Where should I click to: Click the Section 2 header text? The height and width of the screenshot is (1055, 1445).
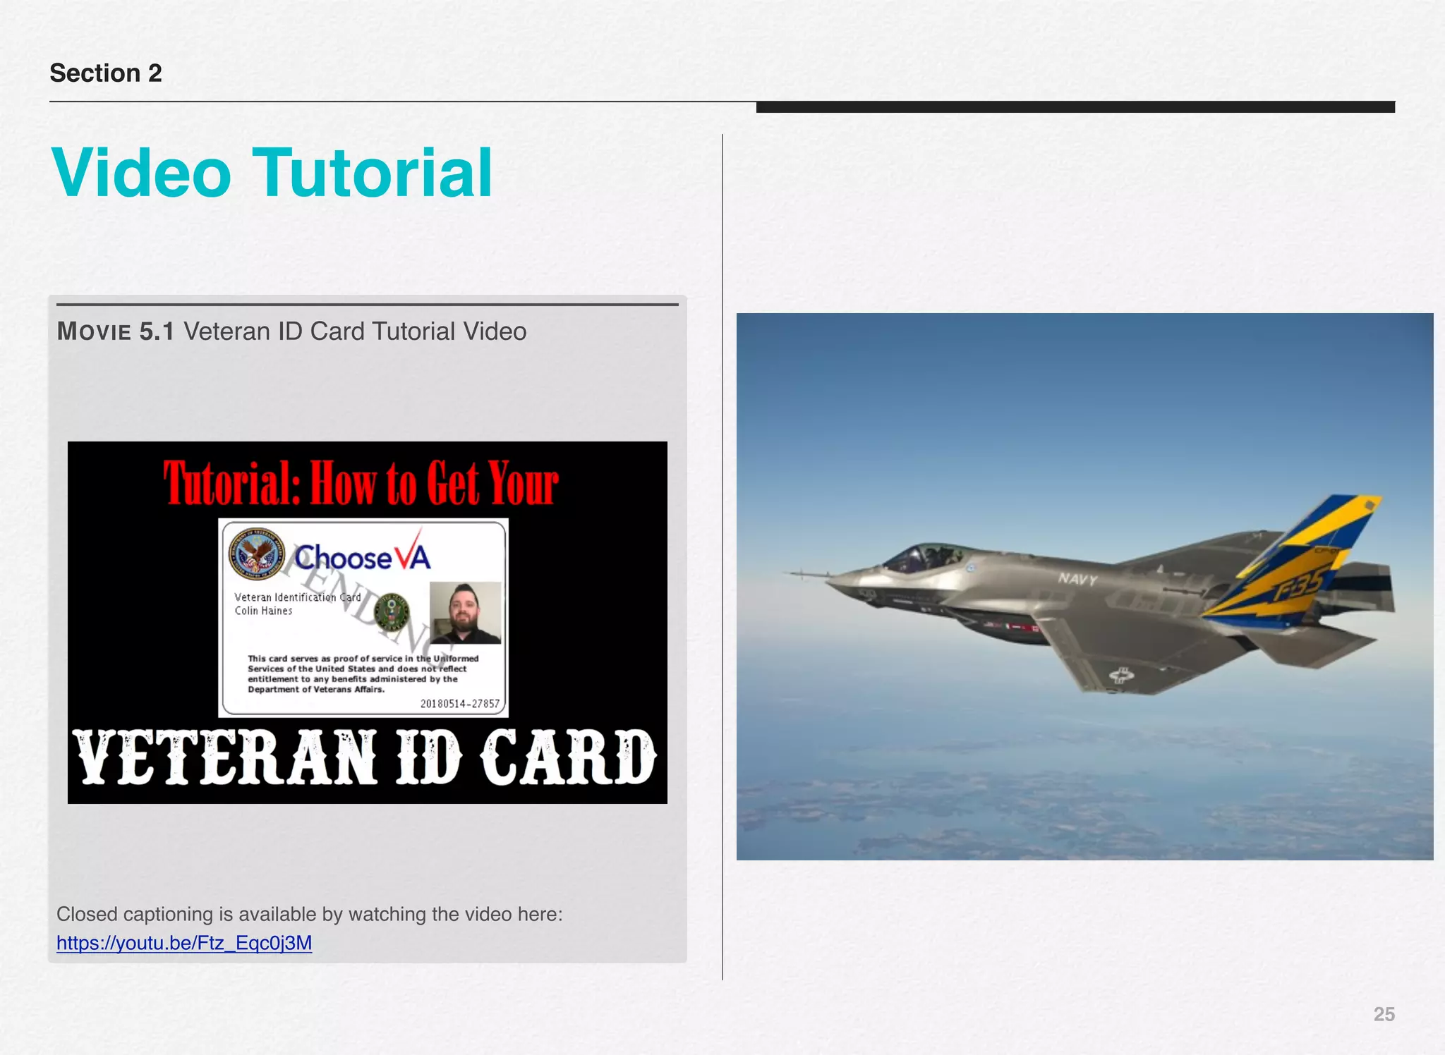coord(106,73)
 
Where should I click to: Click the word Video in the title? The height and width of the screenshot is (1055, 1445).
coord(141,173)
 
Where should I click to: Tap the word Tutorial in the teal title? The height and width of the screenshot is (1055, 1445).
coord(373,173)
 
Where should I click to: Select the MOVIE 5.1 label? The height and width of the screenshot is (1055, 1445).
coord(115,331)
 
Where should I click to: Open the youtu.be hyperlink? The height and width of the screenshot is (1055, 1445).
coord(184,944)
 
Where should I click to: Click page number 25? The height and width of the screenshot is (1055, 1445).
coord(1384,1014)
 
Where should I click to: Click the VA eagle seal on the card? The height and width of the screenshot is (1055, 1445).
coord(255,553)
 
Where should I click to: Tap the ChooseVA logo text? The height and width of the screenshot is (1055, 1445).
coord(361,557)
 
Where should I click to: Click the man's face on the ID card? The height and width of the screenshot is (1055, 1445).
coord(464,608)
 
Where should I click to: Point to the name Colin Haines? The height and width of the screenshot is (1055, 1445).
coord(263,611)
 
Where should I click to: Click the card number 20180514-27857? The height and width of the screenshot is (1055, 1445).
coord(459,703)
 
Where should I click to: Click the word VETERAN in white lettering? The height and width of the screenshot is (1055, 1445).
coord(224,757)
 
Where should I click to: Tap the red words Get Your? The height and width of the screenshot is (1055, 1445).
coord(492,484)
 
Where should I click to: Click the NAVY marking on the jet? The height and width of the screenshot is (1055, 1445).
coord(1077,579)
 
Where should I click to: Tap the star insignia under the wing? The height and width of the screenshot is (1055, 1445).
coord(1121,676)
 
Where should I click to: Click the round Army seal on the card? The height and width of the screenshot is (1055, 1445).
coord(392,611)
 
